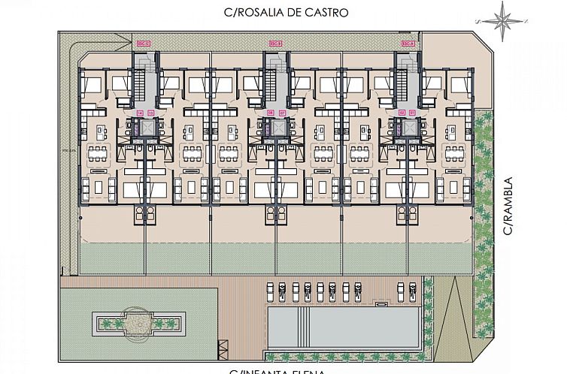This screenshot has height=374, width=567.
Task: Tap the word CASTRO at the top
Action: pos(328,13)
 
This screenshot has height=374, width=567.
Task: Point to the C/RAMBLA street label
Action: pos(509,206)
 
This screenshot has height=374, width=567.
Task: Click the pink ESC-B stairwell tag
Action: pos(276,44)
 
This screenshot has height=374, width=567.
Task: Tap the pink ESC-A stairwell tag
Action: pos(408,44)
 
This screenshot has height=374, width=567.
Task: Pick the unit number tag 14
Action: pos(141,113)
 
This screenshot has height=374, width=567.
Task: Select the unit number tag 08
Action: pos(271,113)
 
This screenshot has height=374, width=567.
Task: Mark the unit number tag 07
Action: pos(281,113)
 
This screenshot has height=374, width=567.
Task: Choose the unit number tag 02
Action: pos(402,113)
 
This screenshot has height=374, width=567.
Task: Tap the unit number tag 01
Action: pos(413,113)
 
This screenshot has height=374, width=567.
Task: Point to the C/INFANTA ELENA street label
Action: pos(278,370)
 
